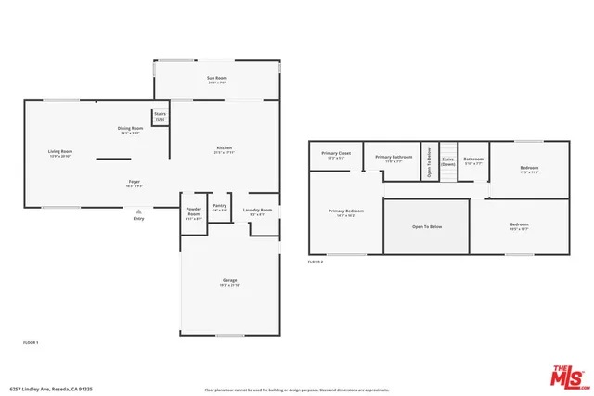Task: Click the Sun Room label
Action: click(x=216, y=78)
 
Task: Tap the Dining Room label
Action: click(x=130, y=128)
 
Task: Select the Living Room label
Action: click(x=60, y=151)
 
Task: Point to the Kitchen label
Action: click(x=224, y=148)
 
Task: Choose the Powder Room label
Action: click(x=194, y=211)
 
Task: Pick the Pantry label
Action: click(x=220, y=206)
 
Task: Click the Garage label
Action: click(x=229, y=280)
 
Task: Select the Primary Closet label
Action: click(x=336, y=154)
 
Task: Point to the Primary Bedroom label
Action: click(x=346, y=211)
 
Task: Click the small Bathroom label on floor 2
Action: click(x=473, y=160)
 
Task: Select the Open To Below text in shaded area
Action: click(x=426, y=226)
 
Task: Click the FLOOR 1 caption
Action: click(x=31, y=343)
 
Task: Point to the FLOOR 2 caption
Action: click(x=316, y=262)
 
